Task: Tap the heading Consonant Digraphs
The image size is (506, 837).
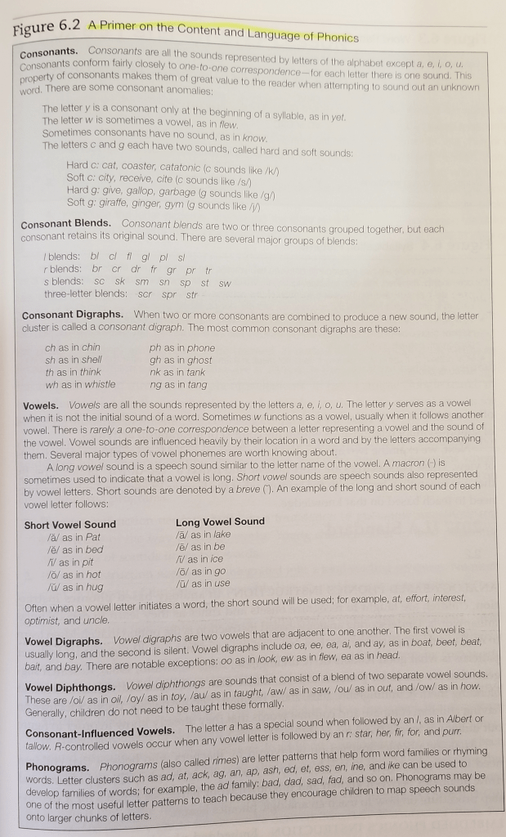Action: (73, 315)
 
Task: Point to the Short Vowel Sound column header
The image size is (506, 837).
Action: (70, 525)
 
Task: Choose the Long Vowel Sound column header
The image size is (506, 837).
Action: (220, 521)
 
